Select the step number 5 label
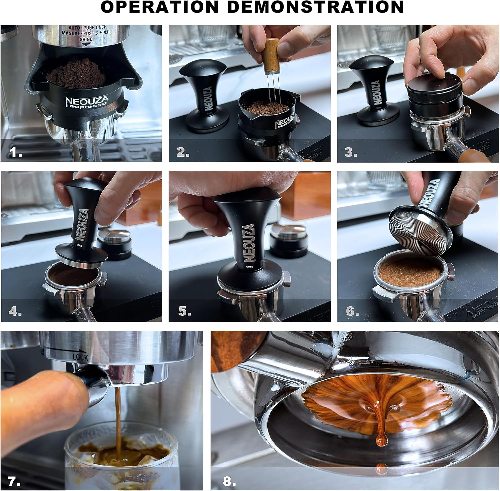coord(184,311)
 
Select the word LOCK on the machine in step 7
coord(80,357)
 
